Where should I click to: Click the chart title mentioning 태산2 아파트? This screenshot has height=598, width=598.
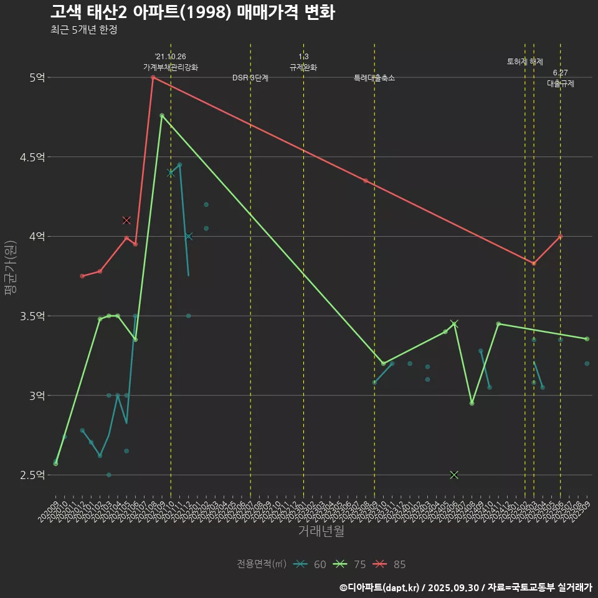click(x=192, y=12)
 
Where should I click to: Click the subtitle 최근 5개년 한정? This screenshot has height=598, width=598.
click(x=83, y=30)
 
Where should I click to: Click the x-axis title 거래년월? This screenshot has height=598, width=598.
click(x=321, y=531)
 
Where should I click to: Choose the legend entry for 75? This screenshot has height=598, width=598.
click(x=350, y=564)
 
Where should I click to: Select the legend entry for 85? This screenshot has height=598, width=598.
click(x=390, y=564)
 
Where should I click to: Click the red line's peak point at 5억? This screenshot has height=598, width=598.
click(x=153, y=77)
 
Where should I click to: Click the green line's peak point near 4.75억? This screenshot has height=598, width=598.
click(x=162, y=115)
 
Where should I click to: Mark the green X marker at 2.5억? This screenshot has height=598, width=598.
click(x=454, y=475)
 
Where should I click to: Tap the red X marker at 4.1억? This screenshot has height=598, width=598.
click(x=126, y=220)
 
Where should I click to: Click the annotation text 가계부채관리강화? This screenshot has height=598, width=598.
click(x=171, y=67)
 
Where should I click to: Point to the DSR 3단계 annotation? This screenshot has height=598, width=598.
click(x=250, y=78)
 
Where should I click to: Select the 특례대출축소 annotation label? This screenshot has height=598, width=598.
click(x=374, y=78)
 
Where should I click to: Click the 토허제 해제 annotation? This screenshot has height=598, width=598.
click(x=525, y=62)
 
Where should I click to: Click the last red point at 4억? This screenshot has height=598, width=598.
click(x=561, y=236)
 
